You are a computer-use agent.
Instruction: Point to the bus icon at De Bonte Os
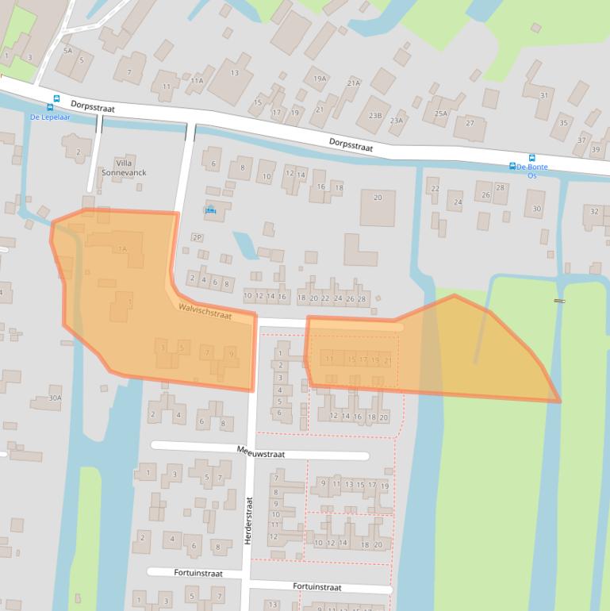click(x=531, y=158)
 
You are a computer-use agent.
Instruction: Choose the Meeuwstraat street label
click(x=260, y=450)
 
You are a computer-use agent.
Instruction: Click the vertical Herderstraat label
click(x=248, y=521)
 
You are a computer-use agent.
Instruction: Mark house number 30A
click(x=55, y=398)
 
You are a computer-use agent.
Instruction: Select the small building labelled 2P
click(x=197, y=237)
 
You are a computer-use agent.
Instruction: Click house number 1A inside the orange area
click(x=122, y=249)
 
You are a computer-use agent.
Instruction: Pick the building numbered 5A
click(x=68, y=51)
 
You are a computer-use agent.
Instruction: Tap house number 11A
click(x=197, y=80)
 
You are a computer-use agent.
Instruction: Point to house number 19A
click(x=320, y=79)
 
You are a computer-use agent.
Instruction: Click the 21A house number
click(x=354, y=83)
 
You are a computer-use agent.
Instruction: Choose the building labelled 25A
click(x=440, y=113)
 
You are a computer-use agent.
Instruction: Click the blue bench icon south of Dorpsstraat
click(x=210, y=209)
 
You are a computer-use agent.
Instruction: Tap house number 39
click(x=595, y=149)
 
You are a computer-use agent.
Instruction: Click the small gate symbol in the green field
click(x=559, y=301)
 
